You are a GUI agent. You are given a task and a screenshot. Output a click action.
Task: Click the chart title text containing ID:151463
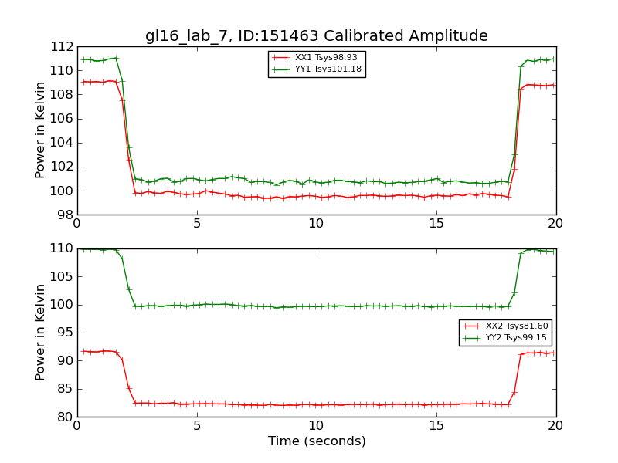pos(317,36)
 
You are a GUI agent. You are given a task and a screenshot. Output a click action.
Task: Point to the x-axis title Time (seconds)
pos(317,441)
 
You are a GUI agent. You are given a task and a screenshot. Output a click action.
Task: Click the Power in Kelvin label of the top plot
pos(40,130)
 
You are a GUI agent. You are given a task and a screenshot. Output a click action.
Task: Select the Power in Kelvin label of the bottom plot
pos(40,333)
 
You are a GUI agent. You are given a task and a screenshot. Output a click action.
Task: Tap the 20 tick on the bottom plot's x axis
pos(556,425)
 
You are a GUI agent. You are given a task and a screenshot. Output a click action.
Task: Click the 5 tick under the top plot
pos(197,223)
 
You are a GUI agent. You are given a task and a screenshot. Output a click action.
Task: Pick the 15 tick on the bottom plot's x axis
pos(436,425)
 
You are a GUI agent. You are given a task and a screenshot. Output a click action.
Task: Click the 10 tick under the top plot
pos(317,223)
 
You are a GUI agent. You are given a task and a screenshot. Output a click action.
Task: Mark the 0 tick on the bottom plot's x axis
pos(77,425)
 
